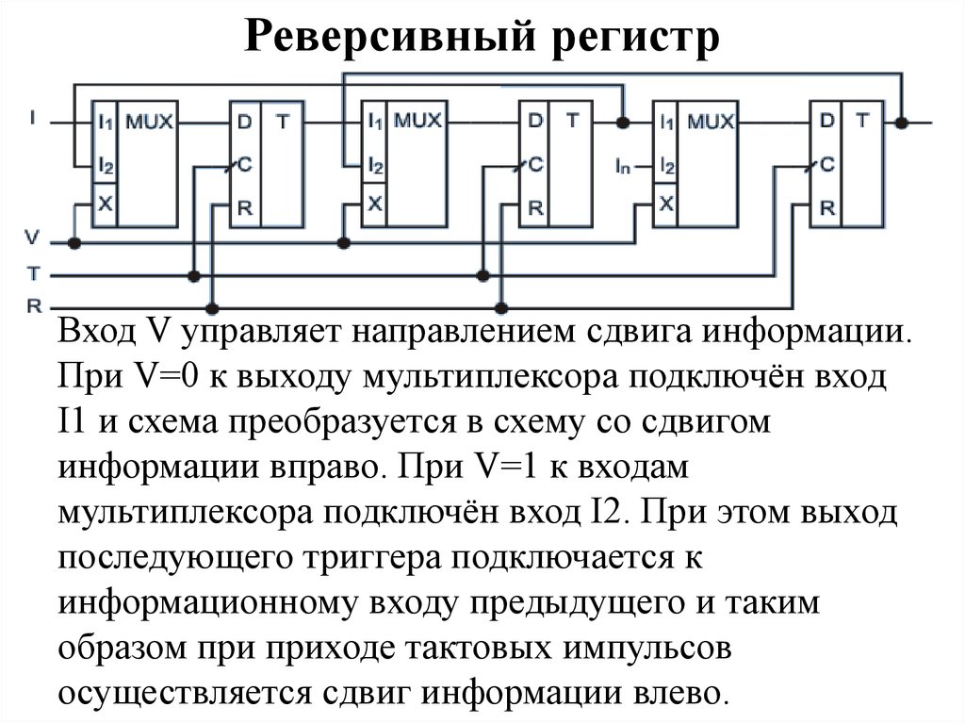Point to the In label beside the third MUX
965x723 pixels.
click(622, 166)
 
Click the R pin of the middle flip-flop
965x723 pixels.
click(533, 207)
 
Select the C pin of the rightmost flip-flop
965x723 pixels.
click(826, 164)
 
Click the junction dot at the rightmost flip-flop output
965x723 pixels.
click(902, 122)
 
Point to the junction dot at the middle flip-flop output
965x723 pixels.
click(622, 122)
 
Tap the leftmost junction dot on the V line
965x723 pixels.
click(74, 243)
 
